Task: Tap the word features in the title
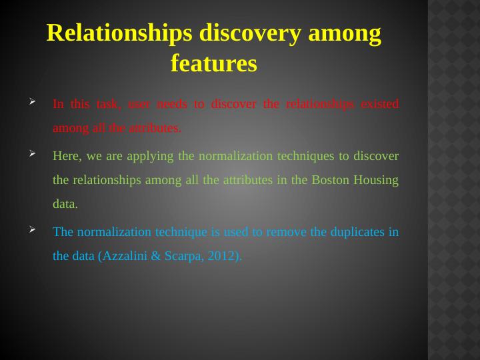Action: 214,63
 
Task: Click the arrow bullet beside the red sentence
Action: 33,101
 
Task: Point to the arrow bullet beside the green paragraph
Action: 33,153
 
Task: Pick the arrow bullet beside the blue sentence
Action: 33,229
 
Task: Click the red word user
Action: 139,105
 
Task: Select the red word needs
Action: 171,104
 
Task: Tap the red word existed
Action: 379,104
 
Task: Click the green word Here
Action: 67,156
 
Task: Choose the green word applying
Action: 150,157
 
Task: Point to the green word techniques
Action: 305,157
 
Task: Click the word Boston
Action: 330,180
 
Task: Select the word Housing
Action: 376,181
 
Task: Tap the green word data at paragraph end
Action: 65,204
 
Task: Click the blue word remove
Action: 286,233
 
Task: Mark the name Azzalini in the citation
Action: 125,256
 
